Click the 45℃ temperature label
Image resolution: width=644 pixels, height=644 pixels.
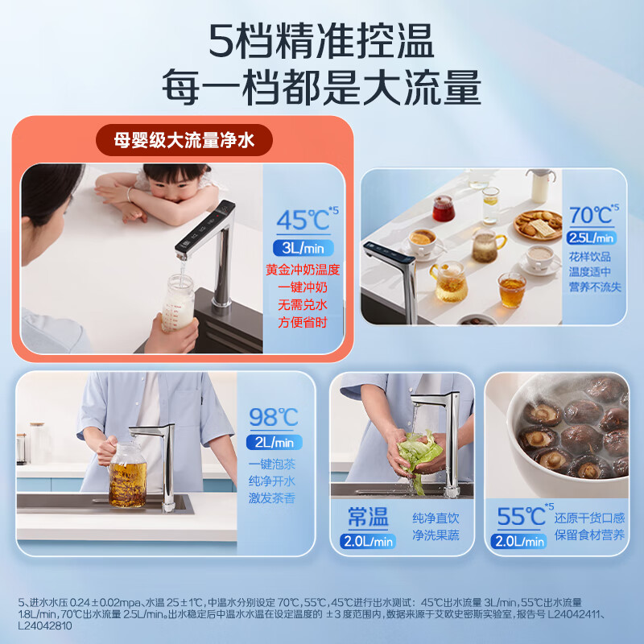(302, 221)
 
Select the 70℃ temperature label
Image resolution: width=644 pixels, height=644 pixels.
(590, 216)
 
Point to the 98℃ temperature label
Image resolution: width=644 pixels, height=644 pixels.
(273, 418)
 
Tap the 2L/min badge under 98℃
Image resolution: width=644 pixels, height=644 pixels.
(274, 442)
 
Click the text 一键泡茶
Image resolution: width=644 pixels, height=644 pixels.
(273, 464)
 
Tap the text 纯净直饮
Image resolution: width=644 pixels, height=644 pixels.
(436, 518)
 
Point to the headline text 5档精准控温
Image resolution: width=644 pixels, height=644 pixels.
(322, 40)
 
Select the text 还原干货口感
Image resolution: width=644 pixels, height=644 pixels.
(588, 518)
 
